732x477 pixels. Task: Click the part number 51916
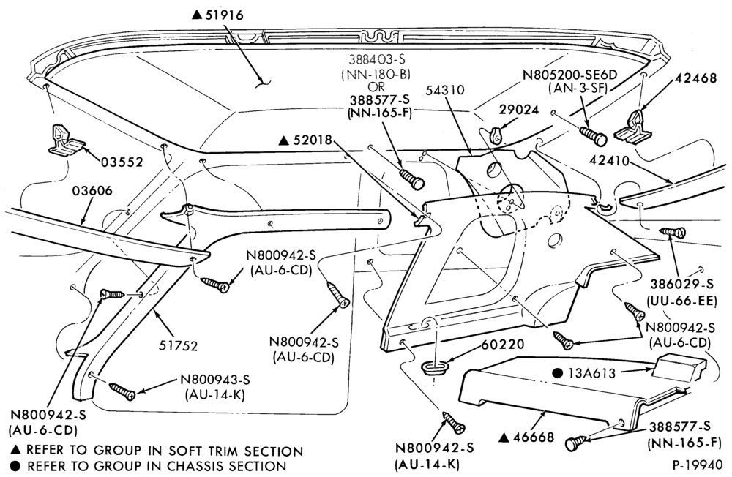pyautogui.click(x=224, y=15)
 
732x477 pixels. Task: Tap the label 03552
pyautogui.click(x=122, y=162)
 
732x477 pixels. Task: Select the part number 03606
pyautogui.click(x=92, y=191)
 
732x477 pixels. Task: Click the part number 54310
pyautogui.click(x=444, y=89)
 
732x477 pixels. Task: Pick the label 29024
pyautogui.click(x=519, y=110)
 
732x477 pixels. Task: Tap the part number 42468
pyautogui.click(x=695, y=78)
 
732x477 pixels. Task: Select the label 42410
pyautogui.click(x=609, y=162)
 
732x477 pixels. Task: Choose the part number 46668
pyautogui.click(x=533, y=437)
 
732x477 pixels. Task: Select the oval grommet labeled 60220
pyautogui.click(x=435, y=367)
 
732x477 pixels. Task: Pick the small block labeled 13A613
pyautogui.click(x=676, y=366)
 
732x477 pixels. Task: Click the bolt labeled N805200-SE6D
pyautogui.click(x=593, y=135)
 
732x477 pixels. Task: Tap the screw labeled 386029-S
pyautogui.click(x=673, y=231)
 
